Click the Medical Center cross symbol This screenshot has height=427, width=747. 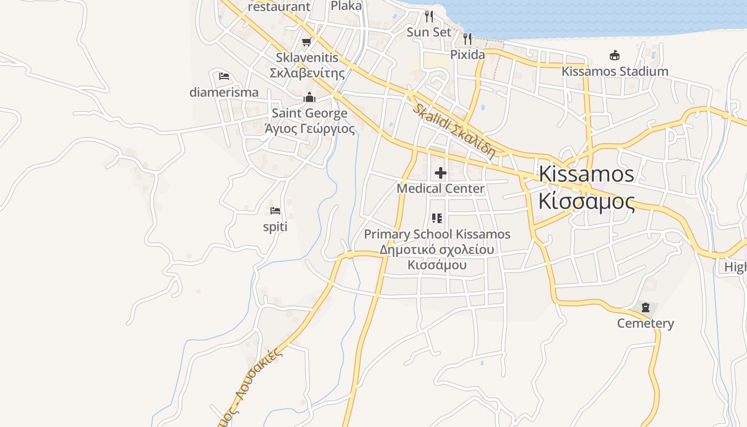pyautogui.click(x=441, y=173)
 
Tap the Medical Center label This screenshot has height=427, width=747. pyautogui.click(x=441, y=188)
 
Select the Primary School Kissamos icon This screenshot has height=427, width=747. pyautogui.click(x=437, y=218)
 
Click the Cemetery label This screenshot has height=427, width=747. pyautogui.click(x=646, y=323)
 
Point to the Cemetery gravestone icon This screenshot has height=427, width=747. pyautogui.click(x=646, y=307)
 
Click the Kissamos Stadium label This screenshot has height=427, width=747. pyautogui.click(x=615, y=71)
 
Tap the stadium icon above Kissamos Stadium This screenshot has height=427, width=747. pyautogui.click(x=615, y=55)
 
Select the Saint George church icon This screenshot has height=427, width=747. pyautogui.click(x=309, y=97)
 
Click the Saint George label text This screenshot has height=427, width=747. pyautogui.click(x=309, y=113)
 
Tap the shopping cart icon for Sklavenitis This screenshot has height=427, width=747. pyautogui.click(x=306, y=42)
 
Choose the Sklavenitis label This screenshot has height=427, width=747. pyautogui.click(x=307, y=58)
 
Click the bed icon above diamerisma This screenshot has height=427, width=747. pyautogui.click(x=224, y=76)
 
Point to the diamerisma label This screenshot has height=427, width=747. pyautogui.click(x=224, y=92)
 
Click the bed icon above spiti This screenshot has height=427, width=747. pyautogui.click(x=275, y=211)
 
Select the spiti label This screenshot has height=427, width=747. pyautogui.click(x=275, y=227)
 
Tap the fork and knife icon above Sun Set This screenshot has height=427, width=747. pyautogui.click(x=429, y=16)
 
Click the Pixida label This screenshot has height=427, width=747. pyautogui.click(x=468, y=54)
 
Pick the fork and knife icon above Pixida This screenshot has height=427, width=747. pyautogui.click(x=468, y=38)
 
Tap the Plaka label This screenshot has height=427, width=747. pyautogui.click(x=346, y=6)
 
